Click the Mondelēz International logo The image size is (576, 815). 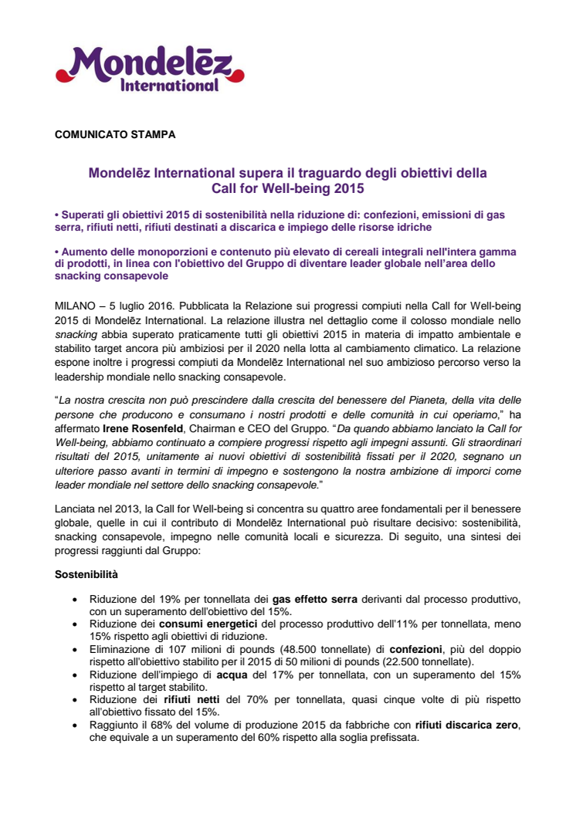(150, 69)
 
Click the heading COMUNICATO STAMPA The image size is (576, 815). (115, 135)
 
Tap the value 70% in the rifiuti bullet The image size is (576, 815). (250, 698)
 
